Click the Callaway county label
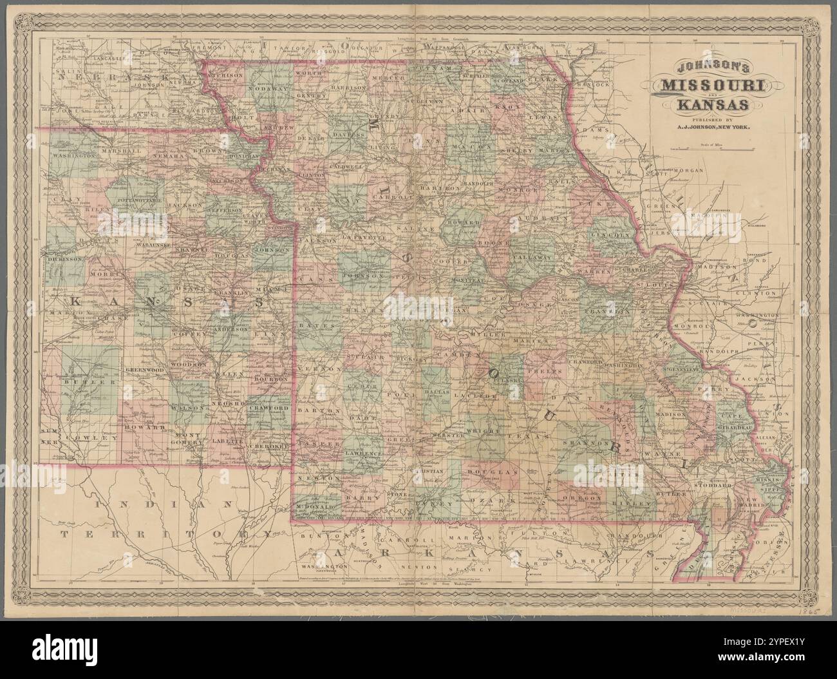pyautogui.click(x=531, y=256)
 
